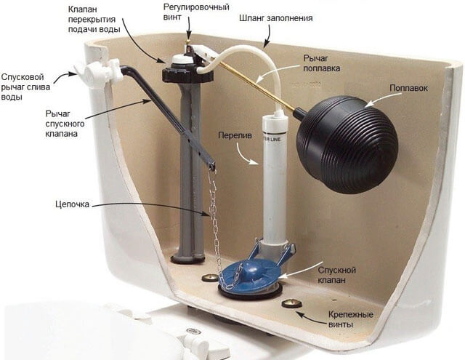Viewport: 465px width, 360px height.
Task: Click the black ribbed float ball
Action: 347,145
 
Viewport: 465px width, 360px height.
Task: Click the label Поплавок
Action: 408,88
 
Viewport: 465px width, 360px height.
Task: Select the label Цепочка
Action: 72,204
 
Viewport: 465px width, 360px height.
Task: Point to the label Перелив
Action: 235,135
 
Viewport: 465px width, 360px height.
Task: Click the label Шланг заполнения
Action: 276,18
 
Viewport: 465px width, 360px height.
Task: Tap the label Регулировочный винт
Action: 196,12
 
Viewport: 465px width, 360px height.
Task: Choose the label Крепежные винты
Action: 350,319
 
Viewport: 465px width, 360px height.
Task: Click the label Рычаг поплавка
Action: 321,63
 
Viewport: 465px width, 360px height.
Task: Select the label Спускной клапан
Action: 336,275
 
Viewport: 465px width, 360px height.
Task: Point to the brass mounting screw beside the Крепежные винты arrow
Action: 291,303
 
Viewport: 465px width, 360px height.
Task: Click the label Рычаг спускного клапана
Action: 65,124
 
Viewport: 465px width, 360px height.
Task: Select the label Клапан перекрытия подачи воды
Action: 94,20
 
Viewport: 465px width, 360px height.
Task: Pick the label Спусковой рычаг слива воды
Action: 25,87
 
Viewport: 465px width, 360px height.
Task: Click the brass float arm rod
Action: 258,87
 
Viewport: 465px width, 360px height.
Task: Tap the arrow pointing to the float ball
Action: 378,99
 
